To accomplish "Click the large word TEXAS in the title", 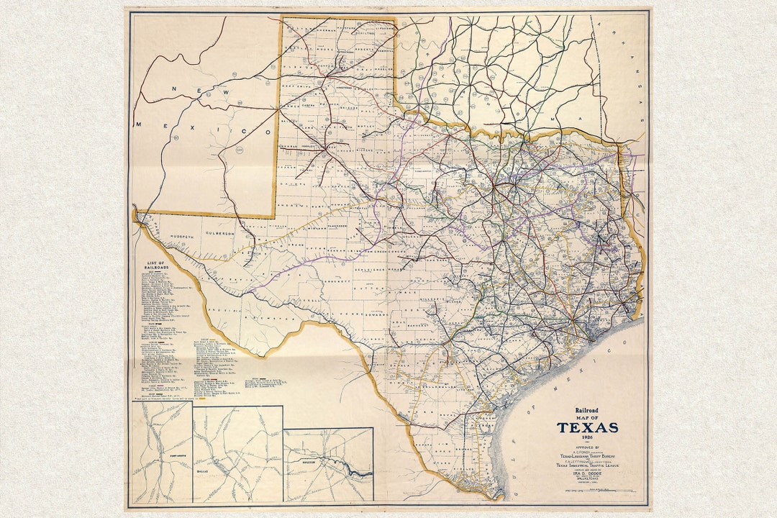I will pyautogui.click(x=587, y=427).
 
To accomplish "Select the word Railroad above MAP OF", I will pyautogui.click(x=587, y=411).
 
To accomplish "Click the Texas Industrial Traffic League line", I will pyautogui.click(x=587, y=465).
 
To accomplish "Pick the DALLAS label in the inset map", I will pyautogui.click(x=221, y=476).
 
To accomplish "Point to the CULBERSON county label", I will pyautogui.click(x=220, y=234).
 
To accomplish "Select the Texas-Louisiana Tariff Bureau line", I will pyautogui.click(x=587, y=455).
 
